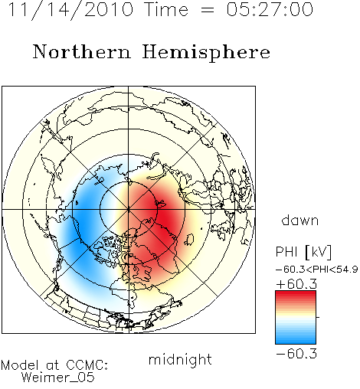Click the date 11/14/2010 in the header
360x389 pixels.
tap(70, 10)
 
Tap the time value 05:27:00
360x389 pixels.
tap(270, 9)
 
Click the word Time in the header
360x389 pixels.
tap(166, 9)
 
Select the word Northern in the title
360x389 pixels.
tap(82, 51)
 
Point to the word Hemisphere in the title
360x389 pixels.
tap(206, 53)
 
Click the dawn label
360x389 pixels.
tap(300, 220)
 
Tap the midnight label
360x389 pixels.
tap(180, 359)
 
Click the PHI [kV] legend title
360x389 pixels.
tap(303, 252)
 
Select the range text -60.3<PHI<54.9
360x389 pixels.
tap(316, 270)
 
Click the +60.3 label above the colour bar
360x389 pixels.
tap(296, 284)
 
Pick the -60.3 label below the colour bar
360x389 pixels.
tap(296, 354)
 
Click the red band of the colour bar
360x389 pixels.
tap(296, 296)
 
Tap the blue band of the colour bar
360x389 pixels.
tap(296, 338)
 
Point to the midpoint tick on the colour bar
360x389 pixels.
tap(318, 317)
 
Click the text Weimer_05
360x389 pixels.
tap(58, 377)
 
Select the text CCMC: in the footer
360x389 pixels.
tap(87, 365)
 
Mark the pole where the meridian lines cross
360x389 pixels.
tap(129, 209)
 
